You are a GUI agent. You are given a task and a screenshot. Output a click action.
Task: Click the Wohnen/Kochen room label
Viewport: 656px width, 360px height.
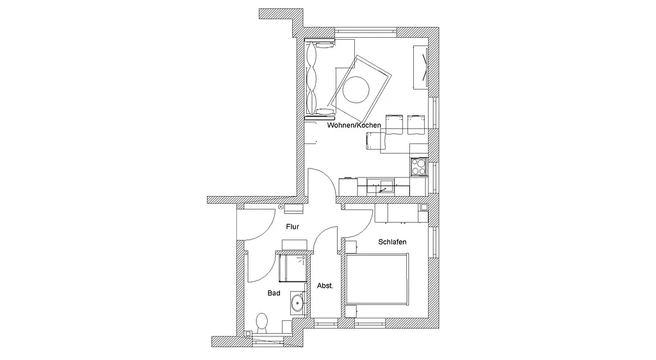click(x=354, y=125)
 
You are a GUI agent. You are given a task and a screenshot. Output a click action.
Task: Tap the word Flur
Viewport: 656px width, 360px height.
click(x=292, y=227)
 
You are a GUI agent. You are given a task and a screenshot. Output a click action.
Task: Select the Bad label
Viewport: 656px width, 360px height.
click(x=274, y=293)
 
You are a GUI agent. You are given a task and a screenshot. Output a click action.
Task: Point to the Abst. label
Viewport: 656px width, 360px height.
click(x=325, y=286)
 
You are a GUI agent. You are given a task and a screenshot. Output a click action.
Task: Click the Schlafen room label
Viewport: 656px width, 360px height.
click(x=393, y=241)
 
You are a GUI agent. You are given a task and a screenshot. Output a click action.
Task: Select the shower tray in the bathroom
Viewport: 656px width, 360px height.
click(x=293, y=268)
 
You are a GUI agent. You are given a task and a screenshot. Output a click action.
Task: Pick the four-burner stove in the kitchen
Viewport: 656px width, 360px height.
click(x=419, y=167)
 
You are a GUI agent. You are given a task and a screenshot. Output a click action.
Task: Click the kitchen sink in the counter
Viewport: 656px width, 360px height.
click(x=381, y=186)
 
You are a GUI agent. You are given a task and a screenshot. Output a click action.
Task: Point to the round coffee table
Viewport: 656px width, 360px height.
click(x=356, y=88)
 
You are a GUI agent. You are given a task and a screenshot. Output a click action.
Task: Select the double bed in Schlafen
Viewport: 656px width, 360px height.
click(x=377, y=279)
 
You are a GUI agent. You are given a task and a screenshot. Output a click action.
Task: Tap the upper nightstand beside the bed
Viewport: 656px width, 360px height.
click(x=350, y=247)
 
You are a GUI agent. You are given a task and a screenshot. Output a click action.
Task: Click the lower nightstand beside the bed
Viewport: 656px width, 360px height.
click(x=350, y=311)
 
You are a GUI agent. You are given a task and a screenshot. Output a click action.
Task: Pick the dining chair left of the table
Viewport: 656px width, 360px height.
click(x=375, y=140)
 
